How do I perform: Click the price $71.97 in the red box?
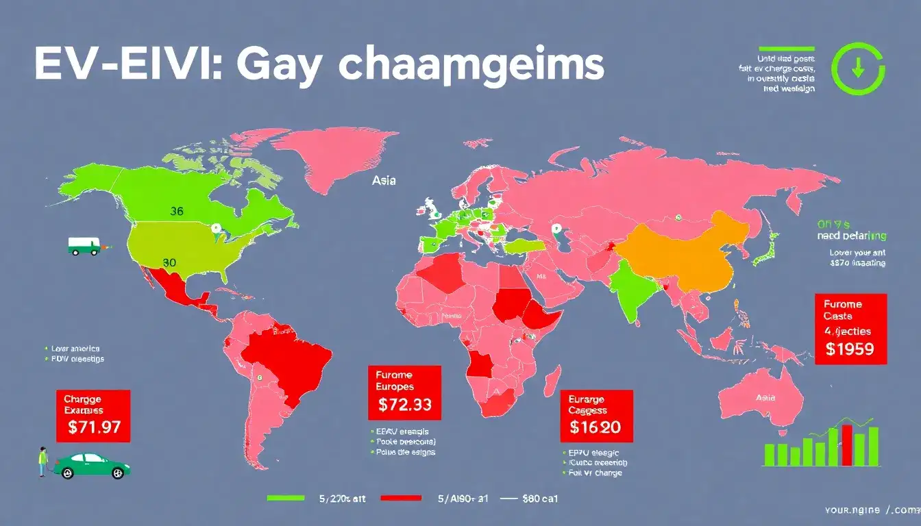tap(95, 428)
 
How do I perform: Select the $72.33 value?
tap(405, 404)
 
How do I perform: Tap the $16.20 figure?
tap(595, 428)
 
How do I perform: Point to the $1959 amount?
tap(850, 349)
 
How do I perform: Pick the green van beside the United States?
tap(82, 246)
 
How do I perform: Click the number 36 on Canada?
tap(176, 212)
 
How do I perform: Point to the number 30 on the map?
tap(170, 262)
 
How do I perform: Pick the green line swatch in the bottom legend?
tap(285, 498)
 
